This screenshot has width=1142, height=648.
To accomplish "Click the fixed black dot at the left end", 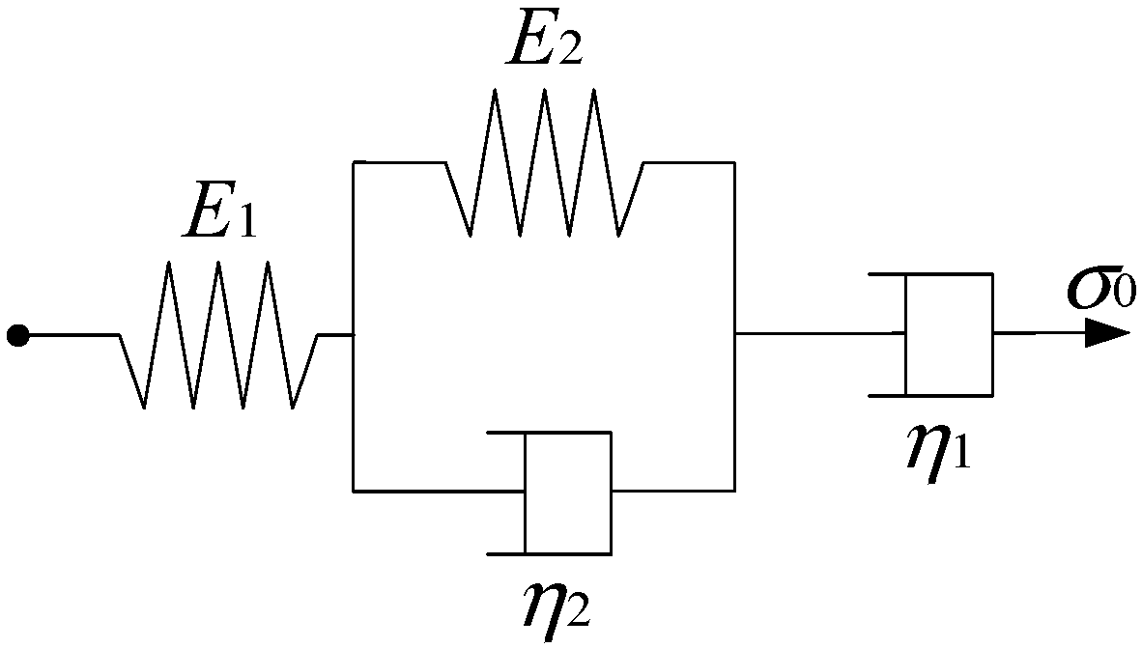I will pos(17,335).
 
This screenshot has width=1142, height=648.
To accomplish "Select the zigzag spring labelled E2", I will pos(544,162).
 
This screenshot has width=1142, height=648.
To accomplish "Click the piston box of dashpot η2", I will pos(567,493).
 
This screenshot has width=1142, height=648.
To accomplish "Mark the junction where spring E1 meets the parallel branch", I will pos(354,335).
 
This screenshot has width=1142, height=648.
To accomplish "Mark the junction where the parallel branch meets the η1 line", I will pos(735,334).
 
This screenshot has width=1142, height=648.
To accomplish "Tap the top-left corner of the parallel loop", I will pos(354,162).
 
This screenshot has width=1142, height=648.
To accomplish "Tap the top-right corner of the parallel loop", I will pos(735,162).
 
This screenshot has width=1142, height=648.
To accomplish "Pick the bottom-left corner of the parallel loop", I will pos(354,492).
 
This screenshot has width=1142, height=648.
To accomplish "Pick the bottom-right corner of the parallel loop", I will pos(735,492).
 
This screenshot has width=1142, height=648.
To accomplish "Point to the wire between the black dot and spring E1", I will pos(72,335).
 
